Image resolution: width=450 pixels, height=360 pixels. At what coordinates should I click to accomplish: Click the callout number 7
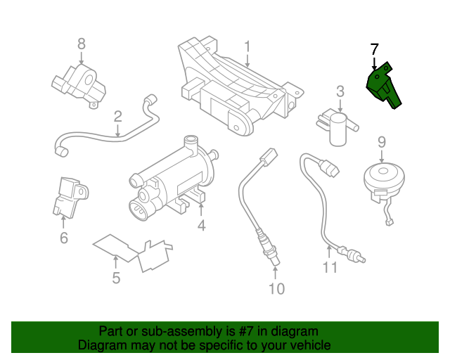374,49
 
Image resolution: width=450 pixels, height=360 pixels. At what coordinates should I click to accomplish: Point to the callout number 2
118,116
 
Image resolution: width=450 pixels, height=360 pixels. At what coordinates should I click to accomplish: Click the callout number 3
340,91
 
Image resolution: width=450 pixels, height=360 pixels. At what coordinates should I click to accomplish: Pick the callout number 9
382,141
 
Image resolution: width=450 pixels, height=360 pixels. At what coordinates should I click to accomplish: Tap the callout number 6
63,238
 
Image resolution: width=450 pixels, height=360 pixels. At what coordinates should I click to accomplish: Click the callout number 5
116,278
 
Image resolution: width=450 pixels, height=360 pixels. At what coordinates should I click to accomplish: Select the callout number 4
201,225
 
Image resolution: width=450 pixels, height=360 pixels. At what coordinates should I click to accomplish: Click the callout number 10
276,288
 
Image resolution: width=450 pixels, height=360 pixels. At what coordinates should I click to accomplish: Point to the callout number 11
330,268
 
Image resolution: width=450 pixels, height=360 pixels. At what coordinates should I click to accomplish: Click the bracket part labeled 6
67,195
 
